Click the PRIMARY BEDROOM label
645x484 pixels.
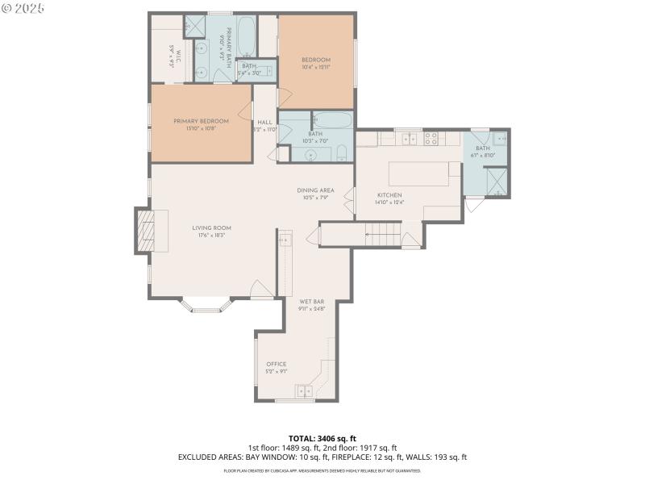(202, 121)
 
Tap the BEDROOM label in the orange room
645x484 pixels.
(316, 60)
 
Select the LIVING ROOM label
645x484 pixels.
(212, 228)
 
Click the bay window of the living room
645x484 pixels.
(205, 307)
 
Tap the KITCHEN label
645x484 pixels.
(389, 196)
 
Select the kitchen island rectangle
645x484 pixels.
(420, 174)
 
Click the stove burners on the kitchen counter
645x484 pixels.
(431, 138)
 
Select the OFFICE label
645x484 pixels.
(277, 364)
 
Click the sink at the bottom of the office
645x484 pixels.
(305, 391)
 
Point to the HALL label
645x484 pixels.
(264, 123)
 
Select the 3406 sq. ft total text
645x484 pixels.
(322, 439)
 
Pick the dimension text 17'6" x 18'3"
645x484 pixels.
(212, 236)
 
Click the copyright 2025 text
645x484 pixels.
(23, 7)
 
